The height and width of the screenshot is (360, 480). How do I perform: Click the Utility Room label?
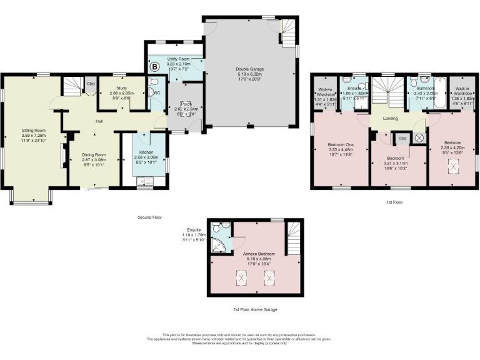point(180,58)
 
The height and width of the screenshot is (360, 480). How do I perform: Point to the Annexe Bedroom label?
point(256,254)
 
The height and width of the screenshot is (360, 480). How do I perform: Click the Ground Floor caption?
point(149,217)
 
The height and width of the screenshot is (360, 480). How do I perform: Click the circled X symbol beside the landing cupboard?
point(419,138)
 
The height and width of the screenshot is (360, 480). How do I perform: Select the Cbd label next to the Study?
point(91,84)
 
